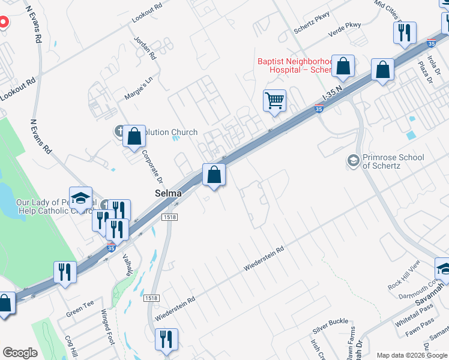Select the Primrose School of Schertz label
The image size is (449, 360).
(x=393, y=161)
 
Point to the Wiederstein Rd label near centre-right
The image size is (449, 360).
(x=264, y=258)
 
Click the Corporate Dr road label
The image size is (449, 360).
(x=152, y=166)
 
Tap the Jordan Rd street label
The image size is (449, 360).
(x=146, y=49)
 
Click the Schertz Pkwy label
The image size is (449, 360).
(x=312, y=28)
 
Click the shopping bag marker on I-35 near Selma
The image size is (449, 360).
(x=214, y=176)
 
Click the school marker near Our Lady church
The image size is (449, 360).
(x=80, y=198)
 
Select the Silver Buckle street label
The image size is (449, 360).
(x=330, y=326)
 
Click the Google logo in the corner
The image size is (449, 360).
(x=20, y=353)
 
